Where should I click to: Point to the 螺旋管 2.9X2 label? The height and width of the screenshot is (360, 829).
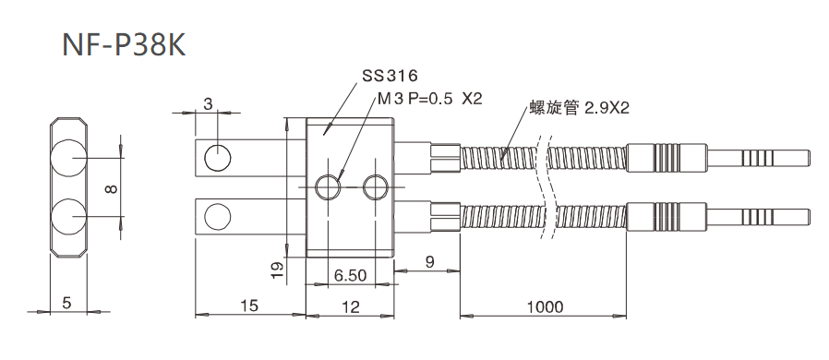[x=579, y=108]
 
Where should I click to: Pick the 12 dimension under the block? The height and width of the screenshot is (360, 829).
[x=351, y=306]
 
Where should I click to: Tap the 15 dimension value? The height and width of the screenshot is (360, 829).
[x=250, y=306]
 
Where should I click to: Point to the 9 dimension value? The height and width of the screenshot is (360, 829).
[x=430, y=262]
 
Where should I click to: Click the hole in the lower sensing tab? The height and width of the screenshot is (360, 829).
[x=218, y=217]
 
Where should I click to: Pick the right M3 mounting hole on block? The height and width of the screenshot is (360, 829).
[x=376, y=186]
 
